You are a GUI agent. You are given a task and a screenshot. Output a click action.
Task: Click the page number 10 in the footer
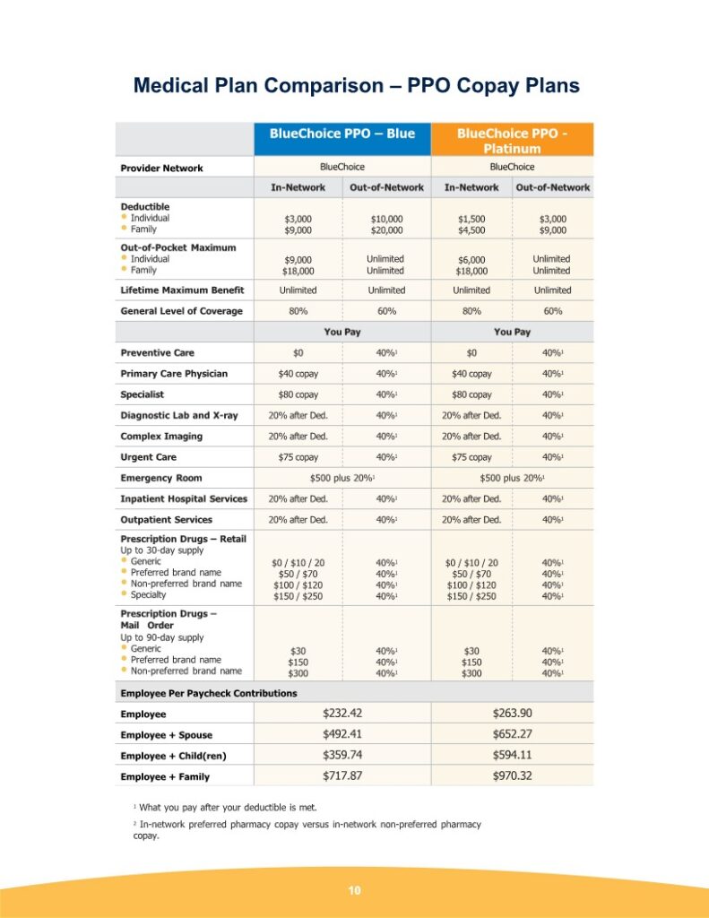(x=354, y=890)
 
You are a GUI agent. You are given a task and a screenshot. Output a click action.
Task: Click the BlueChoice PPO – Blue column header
(x=342, y=134)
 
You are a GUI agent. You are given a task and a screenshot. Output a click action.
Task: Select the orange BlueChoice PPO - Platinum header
(x=512, y=141)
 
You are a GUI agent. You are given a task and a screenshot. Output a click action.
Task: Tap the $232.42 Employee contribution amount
(x=342, y=714)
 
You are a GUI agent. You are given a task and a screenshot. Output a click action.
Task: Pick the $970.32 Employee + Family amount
(x=512, y=775)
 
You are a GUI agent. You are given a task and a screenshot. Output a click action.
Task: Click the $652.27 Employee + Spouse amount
(x=512, y=734)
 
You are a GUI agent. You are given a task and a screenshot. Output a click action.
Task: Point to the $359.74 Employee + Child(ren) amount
(x=342, y=755)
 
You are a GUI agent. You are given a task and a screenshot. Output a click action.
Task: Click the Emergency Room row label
(x=161, y=478)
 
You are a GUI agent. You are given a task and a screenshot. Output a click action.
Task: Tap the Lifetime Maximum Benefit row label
(x=182, y=290)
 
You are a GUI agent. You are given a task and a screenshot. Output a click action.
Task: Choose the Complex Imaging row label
(x=161, y=437)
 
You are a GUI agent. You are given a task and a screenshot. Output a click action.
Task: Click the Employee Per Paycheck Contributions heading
(x=209, y=693)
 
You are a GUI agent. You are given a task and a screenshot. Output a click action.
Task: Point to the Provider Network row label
(x=161, y=168)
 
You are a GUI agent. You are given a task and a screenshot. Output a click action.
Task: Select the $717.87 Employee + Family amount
(x=342, y=775)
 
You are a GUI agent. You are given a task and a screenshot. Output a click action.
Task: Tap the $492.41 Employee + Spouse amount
(x=342, y=734)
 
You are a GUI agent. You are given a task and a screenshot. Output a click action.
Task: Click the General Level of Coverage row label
(x=181, y=311)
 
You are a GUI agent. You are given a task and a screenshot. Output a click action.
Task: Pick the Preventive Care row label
(x=157, y=353)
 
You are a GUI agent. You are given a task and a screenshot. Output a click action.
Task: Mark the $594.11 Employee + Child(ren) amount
(x=512, y=755)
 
